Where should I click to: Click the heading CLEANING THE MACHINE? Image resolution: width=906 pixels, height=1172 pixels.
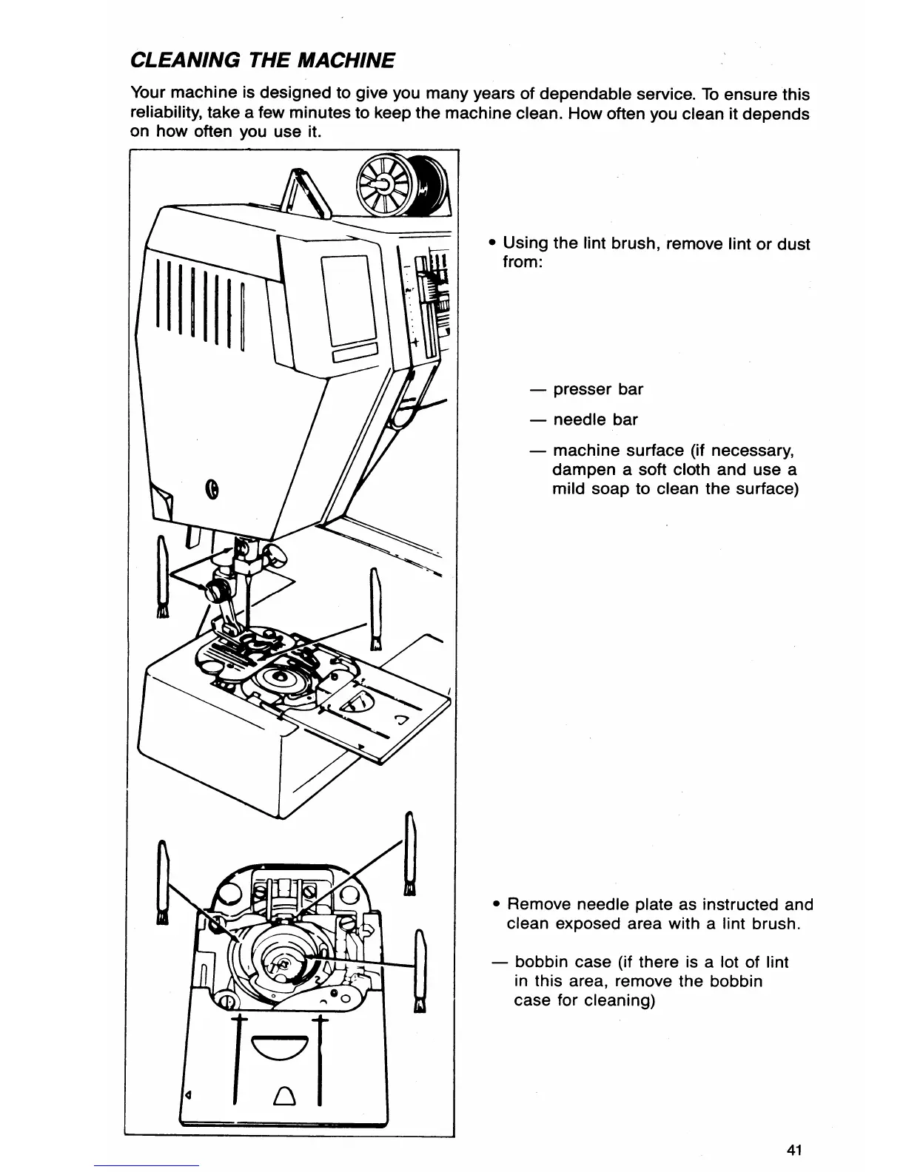262,59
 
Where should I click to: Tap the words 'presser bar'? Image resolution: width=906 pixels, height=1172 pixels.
598,389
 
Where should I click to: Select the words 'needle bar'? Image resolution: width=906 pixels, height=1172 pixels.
595,420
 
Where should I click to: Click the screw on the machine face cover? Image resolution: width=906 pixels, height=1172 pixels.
212,488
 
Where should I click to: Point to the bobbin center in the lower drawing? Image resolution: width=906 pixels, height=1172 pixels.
281,963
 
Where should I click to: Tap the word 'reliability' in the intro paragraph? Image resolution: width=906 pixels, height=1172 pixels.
166,113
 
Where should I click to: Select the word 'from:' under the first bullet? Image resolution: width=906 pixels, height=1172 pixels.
523,263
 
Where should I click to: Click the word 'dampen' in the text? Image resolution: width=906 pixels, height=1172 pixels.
582,470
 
